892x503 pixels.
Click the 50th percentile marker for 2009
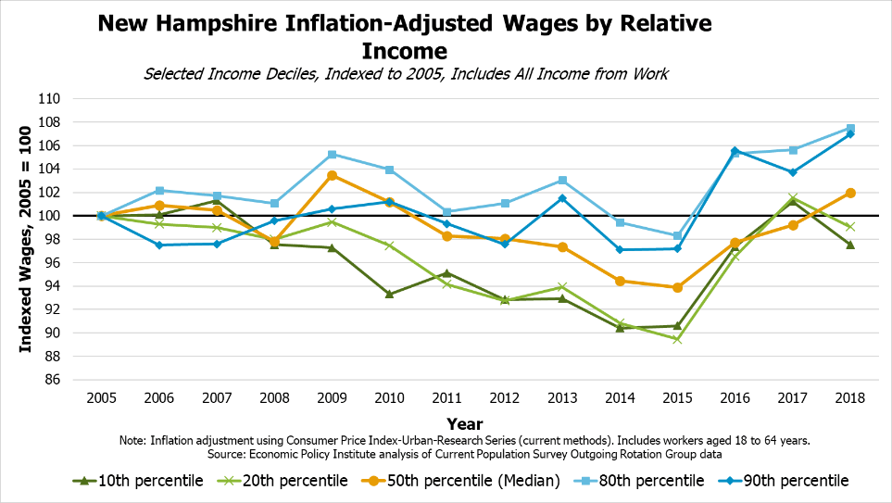[333, 175]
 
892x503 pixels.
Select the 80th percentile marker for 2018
[849, 129]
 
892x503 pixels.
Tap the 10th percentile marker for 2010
[390, 294]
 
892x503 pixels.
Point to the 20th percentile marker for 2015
[677, 339]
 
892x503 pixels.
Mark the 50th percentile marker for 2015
[677, 287]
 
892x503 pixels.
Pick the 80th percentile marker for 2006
[160, 190]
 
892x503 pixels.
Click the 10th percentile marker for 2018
[849, 245]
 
